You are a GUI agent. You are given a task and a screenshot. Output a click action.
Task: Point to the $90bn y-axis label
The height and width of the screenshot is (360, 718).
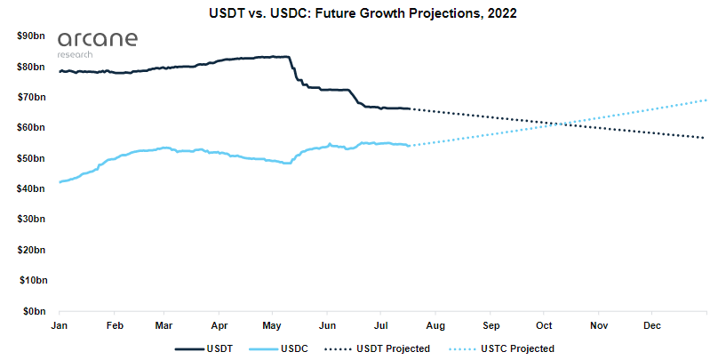click(32, 36)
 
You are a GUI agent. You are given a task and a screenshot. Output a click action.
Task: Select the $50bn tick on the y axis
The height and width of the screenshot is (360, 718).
click(32, 158)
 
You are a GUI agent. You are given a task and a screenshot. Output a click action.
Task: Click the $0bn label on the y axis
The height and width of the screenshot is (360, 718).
click(35, 311)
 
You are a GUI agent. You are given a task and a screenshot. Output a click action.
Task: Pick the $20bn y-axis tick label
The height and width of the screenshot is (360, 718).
click(32, 250)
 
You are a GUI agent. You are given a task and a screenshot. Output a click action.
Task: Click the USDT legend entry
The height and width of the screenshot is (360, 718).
click(205, 348)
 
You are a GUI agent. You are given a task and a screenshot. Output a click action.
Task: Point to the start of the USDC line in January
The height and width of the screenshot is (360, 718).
click(60, 181)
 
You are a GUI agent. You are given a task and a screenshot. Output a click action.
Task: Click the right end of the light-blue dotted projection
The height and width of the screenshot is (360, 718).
click(706, 100)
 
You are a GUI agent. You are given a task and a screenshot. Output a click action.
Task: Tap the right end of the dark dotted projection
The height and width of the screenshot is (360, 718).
click(706, 138)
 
